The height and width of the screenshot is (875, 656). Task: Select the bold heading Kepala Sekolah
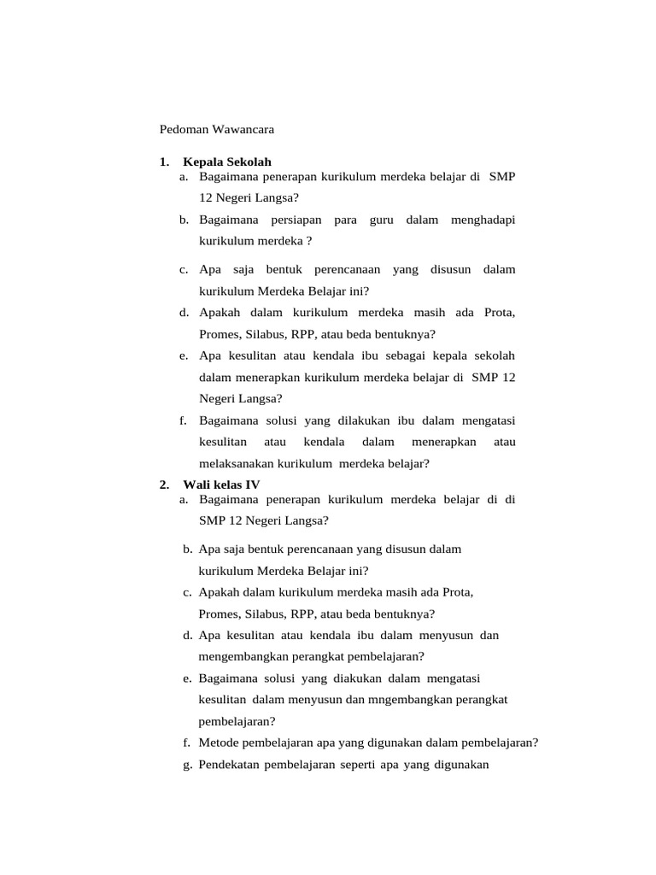(227, 161)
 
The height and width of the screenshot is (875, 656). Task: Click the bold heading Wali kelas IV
(222, 484)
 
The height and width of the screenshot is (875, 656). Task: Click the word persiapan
(292, 220)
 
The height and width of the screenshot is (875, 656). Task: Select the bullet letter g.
(186, 765)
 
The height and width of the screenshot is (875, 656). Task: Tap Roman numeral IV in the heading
(253, 484)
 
